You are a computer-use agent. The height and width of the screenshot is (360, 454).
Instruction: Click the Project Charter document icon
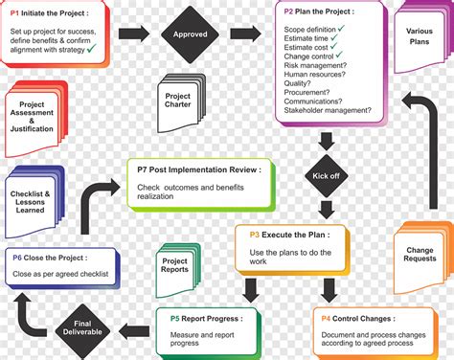pos(178,100)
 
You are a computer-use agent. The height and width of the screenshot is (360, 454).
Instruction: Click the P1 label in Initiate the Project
pos(17,13)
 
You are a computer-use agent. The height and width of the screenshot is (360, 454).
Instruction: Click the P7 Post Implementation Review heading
pos(197,169)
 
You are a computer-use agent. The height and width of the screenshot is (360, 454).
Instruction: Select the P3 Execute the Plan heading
pos(290,235)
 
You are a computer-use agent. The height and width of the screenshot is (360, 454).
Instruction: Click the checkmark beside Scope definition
pos(370,29)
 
